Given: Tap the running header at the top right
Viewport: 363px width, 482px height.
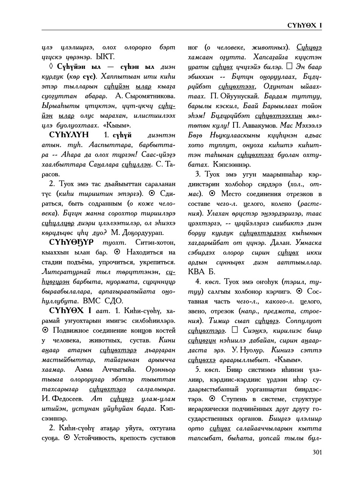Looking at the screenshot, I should pyautogui.click(x=304, y=25).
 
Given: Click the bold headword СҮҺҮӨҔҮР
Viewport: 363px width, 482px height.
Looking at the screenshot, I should pyautogui.click(x=71, y=243).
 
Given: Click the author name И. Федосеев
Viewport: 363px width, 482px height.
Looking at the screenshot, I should pyautogui.click(x=62, y=399).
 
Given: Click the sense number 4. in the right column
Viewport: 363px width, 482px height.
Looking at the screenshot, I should pyautogui.click(x=198, y=282).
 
